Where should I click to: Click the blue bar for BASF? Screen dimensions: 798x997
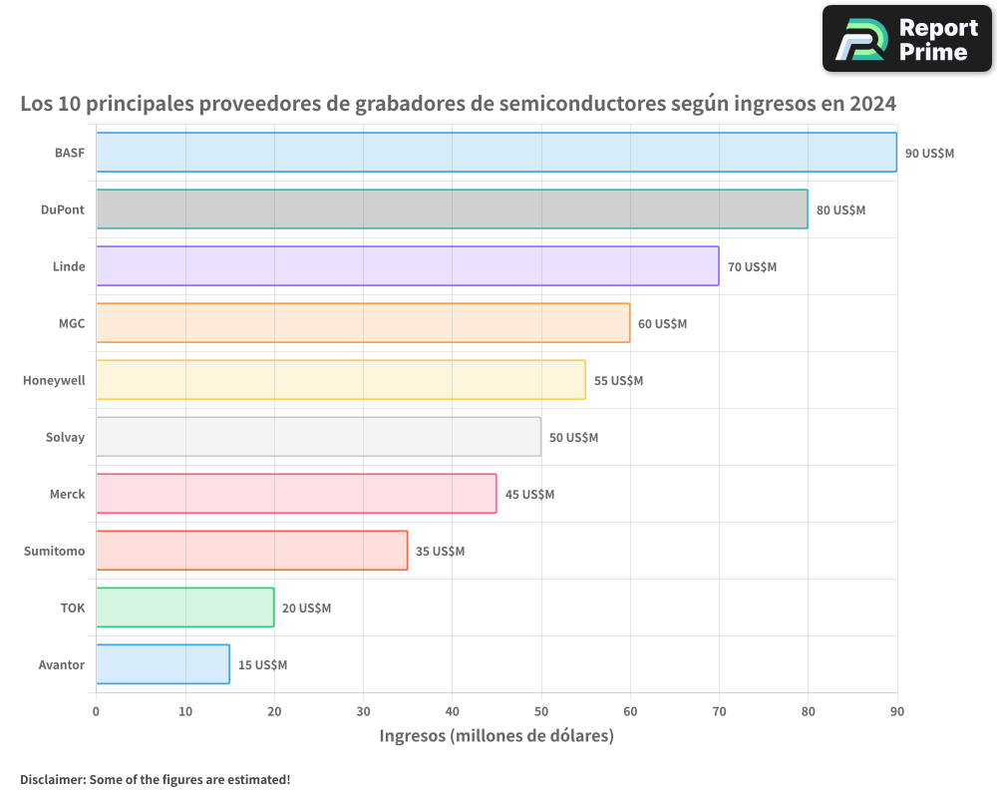click(497, 153)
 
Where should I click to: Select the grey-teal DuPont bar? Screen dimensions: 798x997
click(452, 209)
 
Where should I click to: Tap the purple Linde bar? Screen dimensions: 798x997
click(407, 266)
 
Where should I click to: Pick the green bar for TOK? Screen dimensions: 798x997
click(184, 607)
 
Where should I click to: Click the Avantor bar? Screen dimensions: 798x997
click(163, 664)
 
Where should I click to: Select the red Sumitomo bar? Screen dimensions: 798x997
click(251, 551)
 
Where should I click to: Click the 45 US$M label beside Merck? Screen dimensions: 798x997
click(529, 495)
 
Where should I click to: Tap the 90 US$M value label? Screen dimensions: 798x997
click(929, 154)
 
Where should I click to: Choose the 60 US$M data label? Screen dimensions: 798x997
click(662, 324)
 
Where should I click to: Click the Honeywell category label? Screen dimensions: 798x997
click(54, 381)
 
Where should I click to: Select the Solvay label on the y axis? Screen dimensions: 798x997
click(65, 438)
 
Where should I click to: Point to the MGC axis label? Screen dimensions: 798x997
click(72, 324)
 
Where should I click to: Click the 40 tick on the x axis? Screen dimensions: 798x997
click(452, 711)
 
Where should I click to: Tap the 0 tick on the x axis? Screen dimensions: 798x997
click(96, 711)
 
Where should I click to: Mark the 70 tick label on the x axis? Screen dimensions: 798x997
click(719, 711)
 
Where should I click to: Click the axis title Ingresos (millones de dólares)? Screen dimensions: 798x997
click(497, 736)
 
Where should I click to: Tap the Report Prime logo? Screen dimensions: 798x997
click(906, 39)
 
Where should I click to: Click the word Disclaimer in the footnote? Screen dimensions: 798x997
click(51, 779)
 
